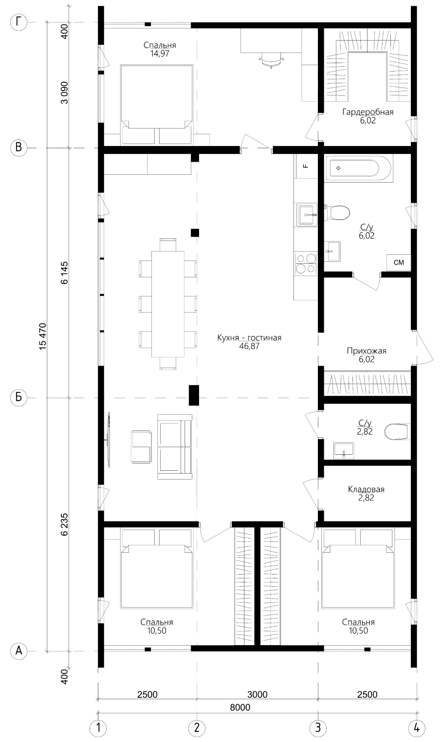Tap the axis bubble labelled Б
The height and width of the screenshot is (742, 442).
(x=18, y=397)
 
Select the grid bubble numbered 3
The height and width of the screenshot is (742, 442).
(x=318, y=728)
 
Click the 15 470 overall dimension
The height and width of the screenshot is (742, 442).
(x=43, y=336)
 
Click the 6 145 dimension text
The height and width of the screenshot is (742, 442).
(x=64, y=273)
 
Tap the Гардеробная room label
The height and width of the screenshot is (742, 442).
(x=368, y=112)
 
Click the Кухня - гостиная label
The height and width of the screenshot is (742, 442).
(x=249, y=338)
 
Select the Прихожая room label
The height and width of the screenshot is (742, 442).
(x=367, y=351)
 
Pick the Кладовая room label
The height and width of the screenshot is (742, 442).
(x=366, y=489)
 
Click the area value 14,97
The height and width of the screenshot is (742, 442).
(x=160, y=54)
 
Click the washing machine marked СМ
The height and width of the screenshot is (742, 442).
(x=399, y=262)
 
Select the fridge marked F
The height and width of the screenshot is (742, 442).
(x=306, y=166)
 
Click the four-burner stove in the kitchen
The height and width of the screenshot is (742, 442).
(x=306, y=263)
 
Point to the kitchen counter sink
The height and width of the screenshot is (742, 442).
(x=307, y=215)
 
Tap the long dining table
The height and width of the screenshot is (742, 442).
(x=168, y=304)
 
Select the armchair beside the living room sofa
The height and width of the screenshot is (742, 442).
(x=141, y=447)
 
